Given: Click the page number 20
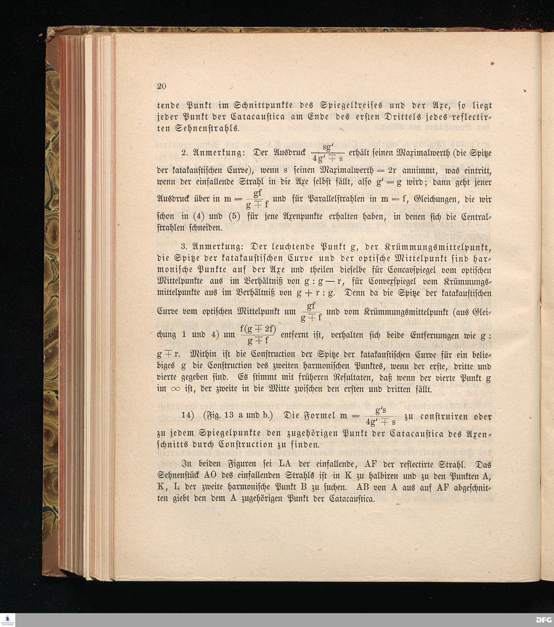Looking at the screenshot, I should point(161,86).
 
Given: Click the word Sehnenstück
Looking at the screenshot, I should point(180,476).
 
